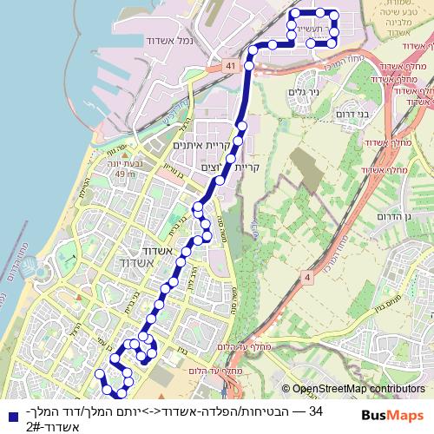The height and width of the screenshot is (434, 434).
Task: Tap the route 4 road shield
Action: pyautogui.click(x=306, y=277)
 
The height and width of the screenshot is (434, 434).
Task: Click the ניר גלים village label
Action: pyautogui.click(x=303, y=90)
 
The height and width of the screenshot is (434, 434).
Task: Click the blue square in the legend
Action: pyautogui.click(x=9, y=413)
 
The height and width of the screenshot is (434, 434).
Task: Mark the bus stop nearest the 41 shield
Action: pyautogui.click(x=250, y=64)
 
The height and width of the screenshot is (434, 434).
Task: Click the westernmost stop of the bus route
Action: pyautogui.click(x=99, y=374)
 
